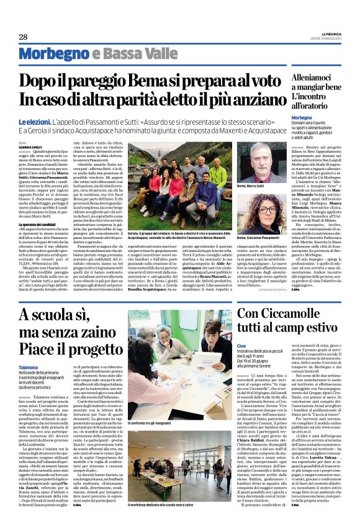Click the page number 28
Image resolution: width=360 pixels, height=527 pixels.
point(23,37)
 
